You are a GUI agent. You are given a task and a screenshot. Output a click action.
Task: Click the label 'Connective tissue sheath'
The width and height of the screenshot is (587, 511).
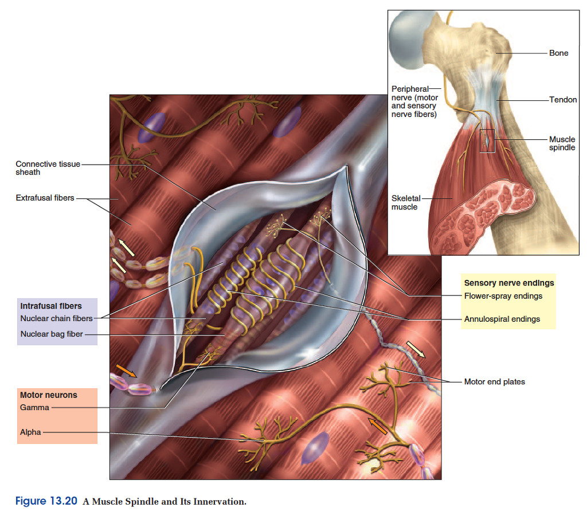(x=48, y=168)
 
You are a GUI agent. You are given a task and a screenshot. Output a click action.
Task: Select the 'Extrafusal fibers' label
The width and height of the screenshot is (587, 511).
(x=45, y=198)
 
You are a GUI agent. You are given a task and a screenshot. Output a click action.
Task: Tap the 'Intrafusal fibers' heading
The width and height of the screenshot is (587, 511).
(x=51, y=306)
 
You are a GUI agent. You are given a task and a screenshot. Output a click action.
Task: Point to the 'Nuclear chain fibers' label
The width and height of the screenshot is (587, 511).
(x=56, y=318)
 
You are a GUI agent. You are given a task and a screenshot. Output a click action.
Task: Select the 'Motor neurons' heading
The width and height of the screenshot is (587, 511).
(x=48, y=395)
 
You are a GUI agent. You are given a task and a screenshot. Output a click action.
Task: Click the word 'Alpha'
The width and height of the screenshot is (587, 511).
(x=30, y=432)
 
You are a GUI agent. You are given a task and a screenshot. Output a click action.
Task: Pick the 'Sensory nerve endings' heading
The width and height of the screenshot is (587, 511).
(x=508, y=283)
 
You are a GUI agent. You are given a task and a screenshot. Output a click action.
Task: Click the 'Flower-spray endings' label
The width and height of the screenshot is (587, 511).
(x=503, y=296)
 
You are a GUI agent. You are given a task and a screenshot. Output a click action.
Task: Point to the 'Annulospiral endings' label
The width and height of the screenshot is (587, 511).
(x=502, y=319)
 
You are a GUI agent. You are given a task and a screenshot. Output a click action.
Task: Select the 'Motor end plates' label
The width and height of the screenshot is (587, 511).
(x=494, y=381)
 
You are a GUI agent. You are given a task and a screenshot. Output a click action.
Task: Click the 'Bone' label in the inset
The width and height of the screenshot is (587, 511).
(x=558, y=53)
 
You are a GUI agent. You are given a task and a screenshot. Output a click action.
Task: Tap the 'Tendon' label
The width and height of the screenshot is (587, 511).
(x=563, y=100)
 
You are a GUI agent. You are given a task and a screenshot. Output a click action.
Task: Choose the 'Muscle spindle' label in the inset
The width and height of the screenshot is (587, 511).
(x=562, y=143)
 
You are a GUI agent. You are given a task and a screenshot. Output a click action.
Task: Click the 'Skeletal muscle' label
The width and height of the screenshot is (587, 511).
(x=405, y=202)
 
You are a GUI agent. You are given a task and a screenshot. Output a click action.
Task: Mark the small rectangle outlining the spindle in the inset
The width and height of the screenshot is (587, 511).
(x=487, y=141)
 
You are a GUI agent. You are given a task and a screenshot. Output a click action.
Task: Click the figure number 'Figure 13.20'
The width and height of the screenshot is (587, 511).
(x=46, y=501)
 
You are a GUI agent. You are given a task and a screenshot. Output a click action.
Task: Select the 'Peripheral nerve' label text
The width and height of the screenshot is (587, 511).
(x=414, y=102)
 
